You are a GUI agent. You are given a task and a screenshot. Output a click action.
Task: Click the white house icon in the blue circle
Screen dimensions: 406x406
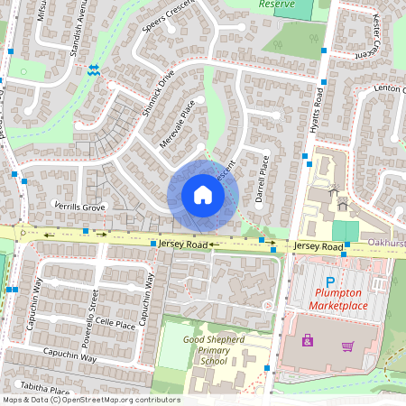203,195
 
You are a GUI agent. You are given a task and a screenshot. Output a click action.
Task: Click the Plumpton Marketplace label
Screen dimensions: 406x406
338,300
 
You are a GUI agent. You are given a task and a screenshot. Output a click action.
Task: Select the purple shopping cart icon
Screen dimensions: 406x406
347,345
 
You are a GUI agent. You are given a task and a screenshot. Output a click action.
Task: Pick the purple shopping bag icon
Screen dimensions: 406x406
309,340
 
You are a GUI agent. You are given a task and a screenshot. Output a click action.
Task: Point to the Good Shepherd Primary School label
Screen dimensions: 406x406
214,350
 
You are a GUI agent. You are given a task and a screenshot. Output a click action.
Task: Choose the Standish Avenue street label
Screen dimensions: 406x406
75,32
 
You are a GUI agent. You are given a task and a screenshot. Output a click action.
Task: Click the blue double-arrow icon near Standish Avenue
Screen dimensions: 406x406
94,69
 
